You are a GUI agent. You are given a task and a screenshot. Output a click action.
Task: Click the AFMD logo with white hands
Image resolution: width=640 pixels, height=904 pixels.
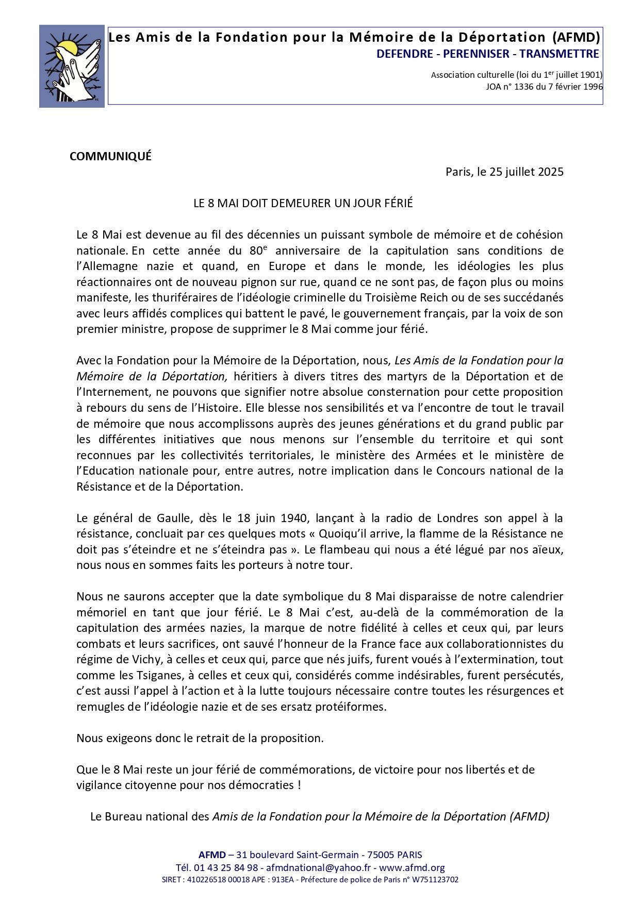(72, 66)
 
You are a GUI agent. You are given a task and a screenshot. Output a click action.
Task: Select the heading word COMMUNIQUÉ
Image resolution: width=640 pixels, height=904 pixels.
(110, 156)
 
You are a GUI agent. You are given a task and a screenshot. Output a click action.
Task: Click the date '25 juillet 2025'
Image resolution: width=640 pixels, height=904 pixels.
(526, 172)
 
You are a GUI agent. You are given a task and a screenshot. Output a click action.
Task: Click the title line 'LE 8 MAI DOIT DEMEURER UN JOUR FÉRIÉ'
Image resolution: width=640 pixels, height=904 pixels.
(303, 203)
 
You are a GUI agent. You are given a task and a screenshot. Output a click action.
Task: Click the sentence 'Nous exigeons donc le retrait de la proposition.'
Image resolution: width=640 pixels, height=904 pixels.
(200, 738)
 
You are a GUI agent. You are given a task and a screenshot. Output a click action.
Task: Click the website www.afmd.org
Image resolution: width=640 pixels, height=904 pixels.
(412, 867)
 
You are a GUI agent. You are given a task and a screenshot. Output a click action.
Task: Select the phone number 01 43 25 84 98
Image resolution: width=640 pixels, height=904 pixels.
(225, 867)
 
